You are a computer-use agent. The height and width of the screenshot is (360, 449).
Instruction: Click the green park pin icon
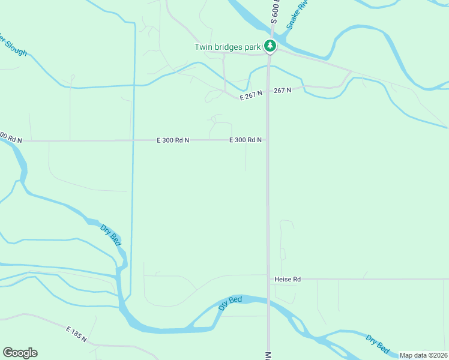point(271,46)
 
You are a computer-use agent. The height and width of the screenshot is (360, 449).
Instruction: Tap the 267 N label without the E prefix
point(282,90)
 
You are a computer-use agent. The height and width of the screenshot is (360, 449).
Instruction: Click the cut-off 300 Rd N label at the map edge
point(11,137)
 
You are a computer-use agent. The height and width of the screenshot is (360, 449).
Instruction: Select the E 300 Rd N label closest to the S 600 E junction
point(245,140)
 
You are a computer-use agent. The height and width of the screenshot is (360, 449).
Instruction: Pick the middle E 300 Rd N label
point(173,140)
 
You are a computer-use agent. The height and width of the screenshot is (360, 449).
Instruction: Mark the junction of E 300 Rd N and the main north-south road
point(267,140)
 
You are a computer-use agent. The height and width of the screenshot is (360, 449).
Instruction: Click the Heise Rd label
point(287,279)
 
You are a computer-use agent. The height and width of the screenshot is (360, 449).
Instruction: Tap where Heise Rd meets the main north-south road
point(268,279)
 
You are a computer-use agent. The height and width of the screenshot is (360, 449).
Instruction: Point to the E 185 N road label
point(77,335)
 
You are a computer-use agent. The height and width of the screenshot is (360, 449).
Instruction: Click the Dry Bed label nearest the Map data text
point(378,343)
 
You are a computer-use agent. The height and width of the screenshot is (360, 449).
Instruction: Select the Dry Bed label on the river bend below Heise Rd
point(230,302)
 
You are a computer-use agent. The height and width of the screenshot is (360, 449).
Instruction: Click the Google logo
point(20,353)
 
